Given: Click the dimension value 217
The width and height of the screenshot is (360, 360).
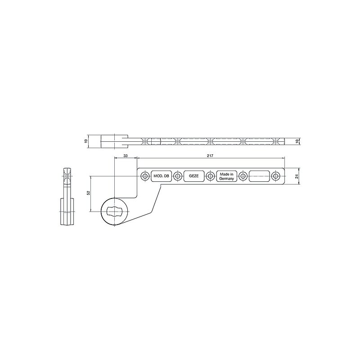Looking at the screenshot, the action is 210,156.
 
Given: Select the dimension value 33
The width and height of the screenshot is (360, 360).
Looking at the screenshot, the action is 126,156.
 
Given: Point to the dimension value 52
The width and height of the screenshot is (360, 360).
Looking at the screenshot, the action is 88,193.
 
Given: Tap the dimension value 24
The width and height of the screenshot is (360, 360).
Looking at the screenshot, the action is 297,176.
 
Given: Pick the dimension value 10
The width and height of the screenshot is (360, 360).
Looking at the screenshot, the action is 297,141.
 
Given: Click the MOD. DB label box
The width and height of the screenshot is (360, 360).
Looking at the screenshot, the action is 161,176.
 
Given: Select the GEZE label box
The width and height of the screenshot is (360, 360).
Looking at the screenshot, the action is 194,176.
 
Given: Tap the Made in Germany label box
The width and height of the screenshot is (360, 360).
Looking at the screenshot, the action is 227,176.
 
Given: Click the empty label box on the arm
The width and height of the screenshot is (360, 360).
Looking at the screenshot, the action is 259,176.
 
